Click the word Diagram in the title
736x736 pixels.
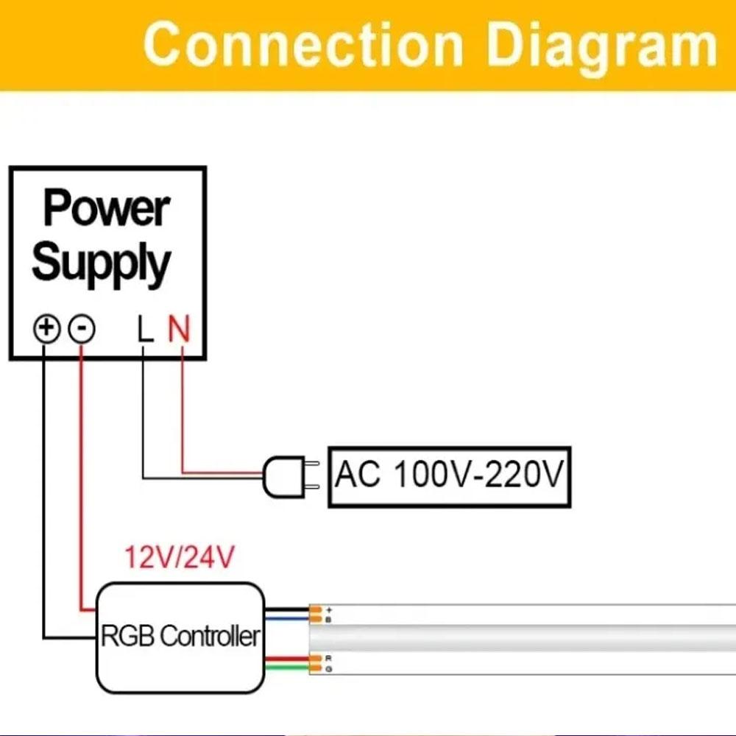coord(601,46)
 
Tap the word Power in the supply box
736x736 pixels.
coord(107,208)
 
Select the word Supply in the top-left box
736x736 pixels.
coord(102,263)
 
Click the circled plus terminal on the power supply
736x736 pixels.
coord(46,328)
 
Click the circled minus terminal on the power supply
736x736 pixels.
coord(81,328)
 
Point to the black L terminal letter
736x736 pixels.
coord(146,329)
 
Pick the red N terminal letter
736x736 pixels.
coord(179,329)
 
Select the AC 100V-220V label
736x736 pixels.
coord(448,475)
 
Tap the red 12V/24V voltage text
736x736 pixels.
coord(180,558)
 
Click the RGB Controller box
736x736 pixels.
coord(180,637)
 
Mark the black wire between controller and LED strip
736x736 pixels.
coord(286,610)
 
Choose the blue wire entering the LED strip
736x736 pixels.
coord(286,620)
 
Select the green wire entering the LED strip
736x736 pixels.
coord(286,668)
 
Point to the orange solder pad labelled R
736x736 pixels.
coord(316,657)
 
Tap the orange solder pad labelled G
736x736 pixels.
coord(316,668)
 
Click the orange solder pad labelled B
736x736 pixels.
coord(316,620)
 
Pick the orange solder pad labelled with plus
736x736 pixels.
coord(316,610)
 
